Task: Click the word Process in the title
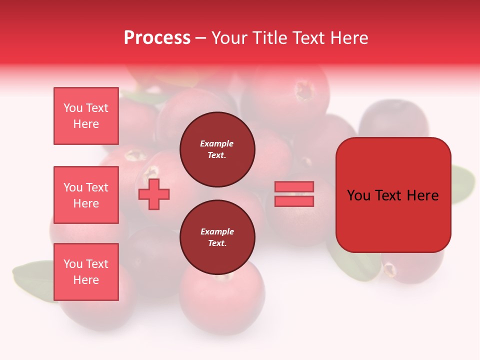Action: (157, 37)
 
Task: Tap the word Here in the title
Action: (348, 38)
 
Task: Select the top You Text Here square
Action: (86, 116)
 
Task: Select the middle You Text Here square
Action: (86, 195)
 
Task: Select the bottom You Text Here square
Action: (86, 272)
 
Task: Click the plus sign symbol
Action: (154, 194)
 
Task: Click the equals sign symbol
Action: (294, 194)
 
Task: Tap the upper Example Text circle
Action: (217, 149)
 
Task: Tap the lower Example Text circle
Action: (217, 237)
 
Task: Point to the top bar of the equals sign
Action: (294, 187)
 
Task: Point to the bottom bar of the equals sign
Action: (294, 201)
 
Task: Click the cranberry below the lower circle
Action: (221, 305)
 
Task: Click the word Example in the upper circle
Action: (217, 143)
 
